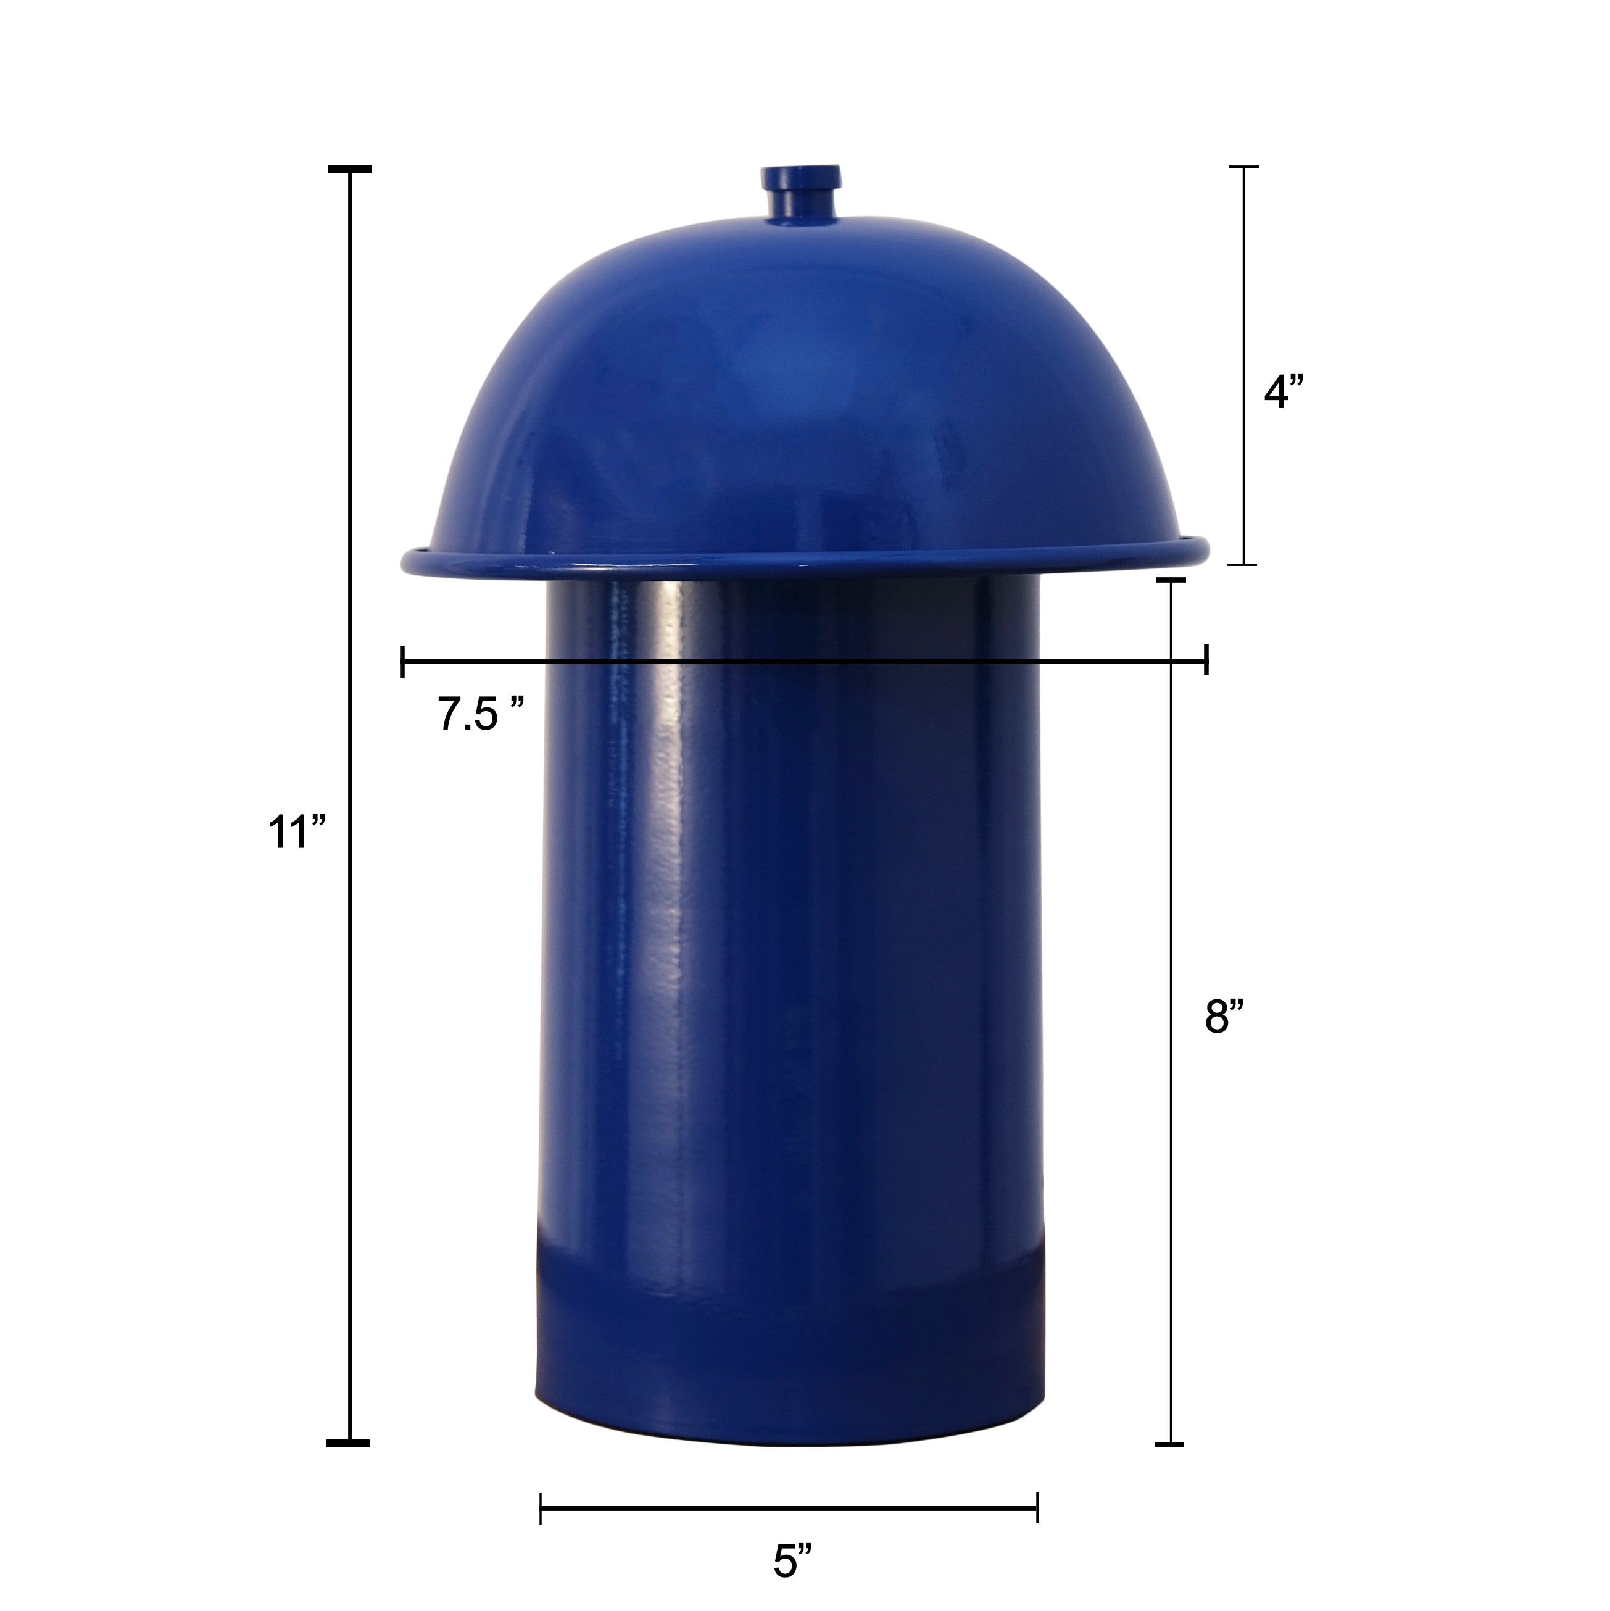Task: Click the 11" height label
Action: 295,832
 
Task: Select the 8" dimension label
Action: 1224,1017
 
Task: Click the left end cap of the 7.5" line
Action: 403,661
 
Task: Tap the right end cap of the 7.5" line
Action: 1206,661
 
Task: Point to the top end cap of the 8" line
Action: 1171,579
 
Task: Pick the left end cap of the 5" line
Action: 541,1507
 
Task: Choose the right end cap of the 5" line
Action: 1037,1507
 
